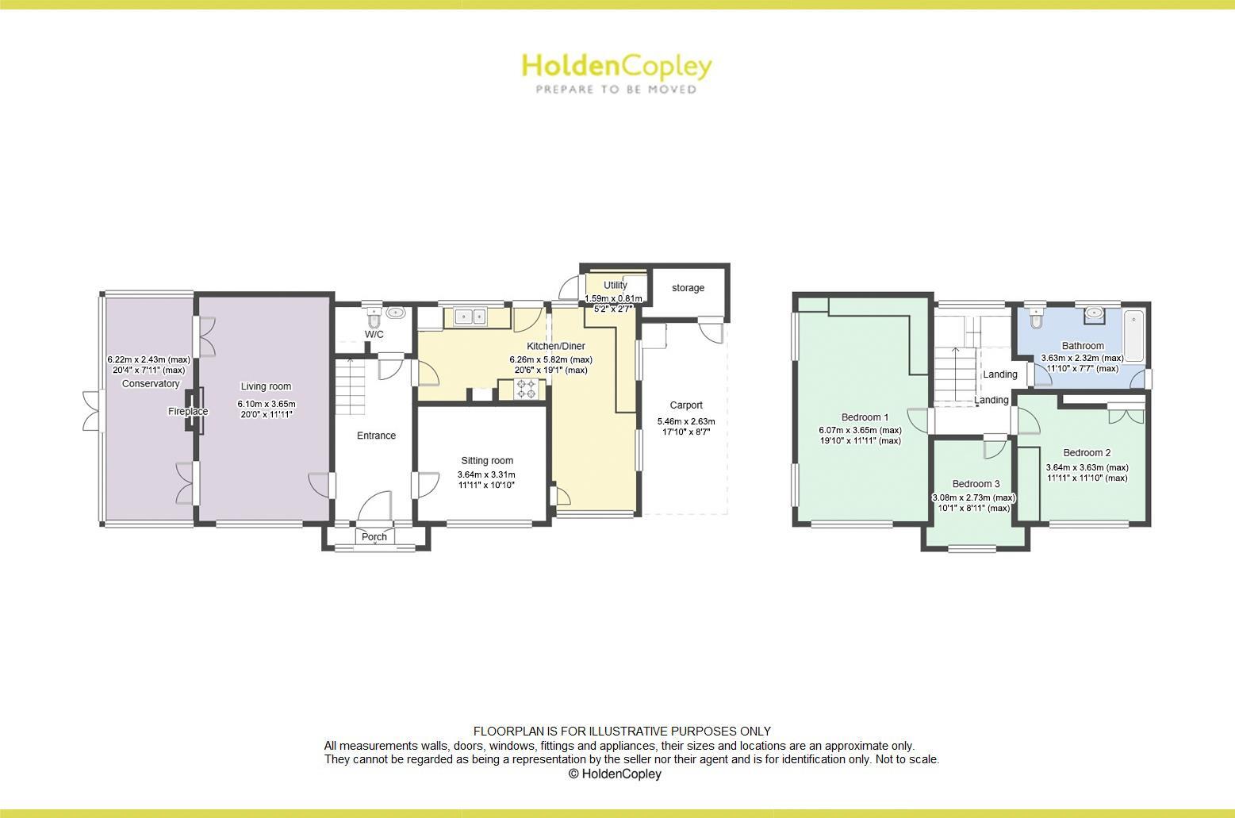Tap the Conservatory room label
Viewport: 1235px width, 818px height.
click(x=151, y=384)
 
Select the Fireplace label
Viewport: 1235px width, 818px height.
click(x=188, y=412)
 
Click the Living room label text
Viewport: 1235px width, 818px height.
click(x=266, y=387)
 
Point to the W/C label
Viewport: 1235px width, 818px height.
click(x=374, y=335)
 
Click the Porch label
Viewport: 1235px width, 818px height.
click(x=374, y=537)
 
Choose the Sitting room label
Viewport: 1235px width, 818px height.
click(x=487, y=461)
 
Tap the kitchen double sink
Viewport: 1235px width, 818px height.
click(x=473, y=317)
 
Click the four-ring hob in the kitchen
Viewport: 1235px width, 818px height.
click(x=526, y=389)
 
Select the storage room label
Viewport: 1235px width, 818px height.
click(x=688, y=288)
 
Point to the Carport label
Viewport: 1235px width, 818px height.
click(x=686, y=405)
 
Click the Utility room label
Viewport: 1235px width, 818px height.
click(x=616, y=286)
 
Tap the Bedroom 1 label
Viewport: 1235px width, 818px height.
click(x=865, y=417)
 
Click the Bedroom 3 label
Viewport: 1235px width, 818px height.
click(x=976, y=484)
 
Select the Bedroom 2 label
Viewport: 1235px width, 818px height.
click(x=1087, y=453)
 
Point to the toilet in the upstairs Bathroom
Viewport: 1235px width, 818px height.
click(x=1036, y=318)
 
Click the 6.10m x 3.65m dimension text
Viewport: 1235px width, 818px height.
click(x=267, y=404)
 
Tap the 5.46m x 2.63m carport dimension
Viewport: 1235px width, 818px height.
click(x=686, y=422)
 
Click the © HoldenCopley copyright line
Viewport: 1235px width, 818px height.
click(x=615, y=774)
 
